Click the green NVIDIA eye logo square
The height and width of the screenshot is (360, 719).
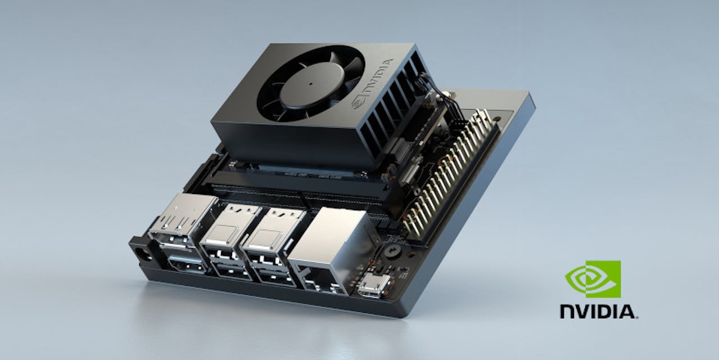pyautogui.click(x=593, y=279)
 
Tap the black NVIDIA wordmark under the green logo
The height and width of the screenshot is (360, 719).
pyautogui.click(x=598, y=311)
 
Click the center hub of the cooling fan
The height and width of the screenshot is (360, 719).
pyautogui.click(x=311, y=83)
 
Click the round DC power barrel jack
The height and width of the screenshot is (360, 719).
pyautogui.click(x=141, y=254)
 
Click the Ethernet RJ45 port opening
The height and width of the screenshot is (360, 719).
pyautogui.click(x=318, y=280)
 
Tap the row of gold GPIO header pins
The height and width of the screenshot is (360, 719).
pyautogui.click(x=450, y=174)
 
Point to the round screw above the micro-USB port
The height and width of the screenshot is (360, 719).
pyautogui.click(x=392, y=251)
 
